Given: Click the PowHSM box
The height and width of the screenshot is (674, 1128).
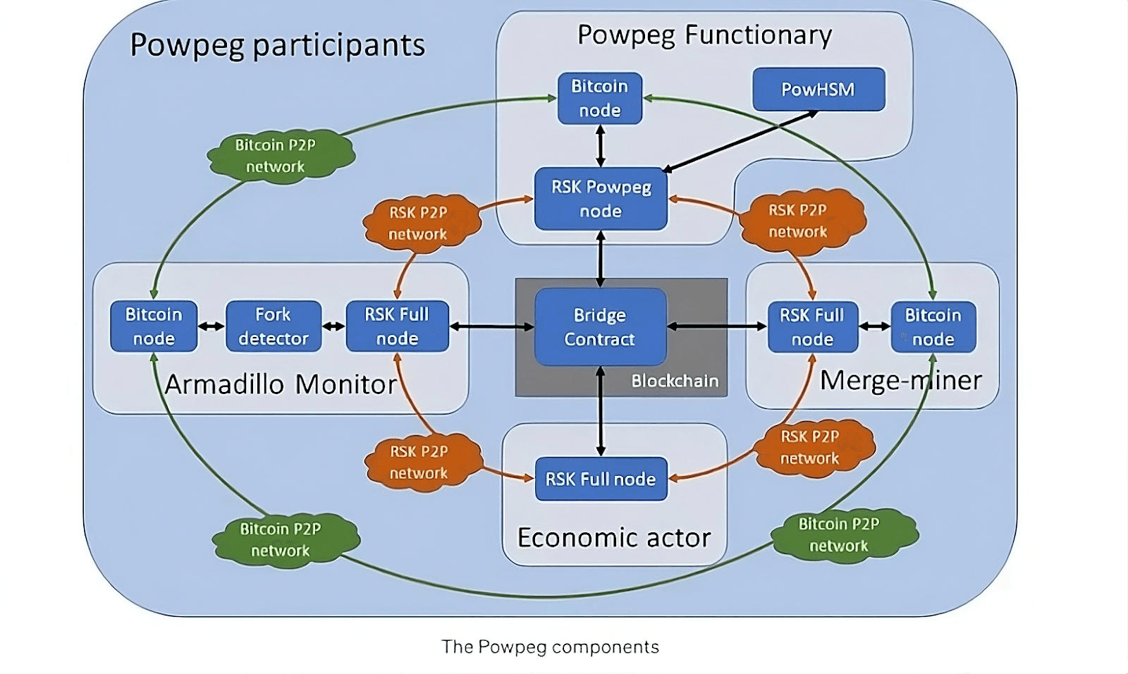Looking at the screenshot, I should click(x=819, y=90).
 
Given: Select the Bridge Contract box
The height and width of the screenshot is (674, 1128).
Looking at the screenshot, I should click(x=600, y=327).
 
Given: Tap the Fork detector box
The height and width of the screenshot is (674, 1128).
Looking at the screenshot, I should click(x=273, y=326).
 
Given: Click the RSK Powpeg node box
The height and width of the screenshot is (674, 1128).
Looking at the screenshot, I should click(x=601, y=199).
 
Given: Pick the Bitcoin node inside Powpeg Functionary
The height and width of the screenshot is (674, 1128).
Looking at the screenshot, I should click(x=599, y=99).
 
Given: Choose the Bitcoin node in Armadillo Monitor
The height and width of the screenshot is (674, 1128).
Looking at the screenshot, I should click(x=154, y=326).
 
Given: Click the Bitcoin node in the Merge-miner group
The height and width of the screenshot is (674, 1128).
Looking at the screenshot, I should click(x=933, y=327).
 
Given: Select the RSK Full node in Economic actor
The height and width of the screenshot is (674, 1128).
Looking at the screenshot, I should click(x=601, y=479).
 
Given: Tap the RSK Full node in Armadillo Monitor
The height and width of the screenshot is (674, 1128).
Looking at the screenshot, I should click(x=397, y=326).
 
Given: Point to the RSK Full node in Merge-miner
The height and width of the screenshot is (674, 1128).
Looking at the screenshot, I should click(x=812, y=327).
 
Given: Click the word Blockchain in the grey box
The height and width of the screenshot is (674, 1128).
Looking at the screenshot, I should click(x=675, y=381).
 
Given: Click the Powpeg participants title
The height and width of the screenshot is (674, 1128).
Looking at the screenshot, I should click(x=278, y=45).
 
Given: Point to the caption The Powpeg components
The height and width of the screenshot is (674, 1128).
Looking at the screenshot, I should click(x=550, y=647).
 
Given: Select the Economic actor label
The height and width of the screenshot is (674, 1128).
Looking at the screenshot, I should click(x=614, y=538).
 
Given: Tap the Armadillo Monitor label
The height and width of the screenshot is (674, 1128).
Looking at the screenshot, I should click(x=281, y=385).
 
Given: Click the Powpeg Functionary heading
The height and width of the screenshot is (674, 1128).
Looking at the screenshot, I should click(x=704, y=35).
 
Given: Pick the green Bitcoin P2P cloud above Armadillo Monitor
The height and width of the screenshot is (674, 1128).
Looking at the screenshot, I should click(x=280, y=156).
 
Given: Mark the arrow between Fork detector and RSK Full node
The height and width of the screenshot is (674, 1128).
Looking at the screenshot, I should click(x=333, y=326).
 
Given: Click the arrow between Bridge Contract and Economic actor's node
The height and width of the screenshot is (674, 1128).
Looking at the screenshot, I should click(x=601, y=412).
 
